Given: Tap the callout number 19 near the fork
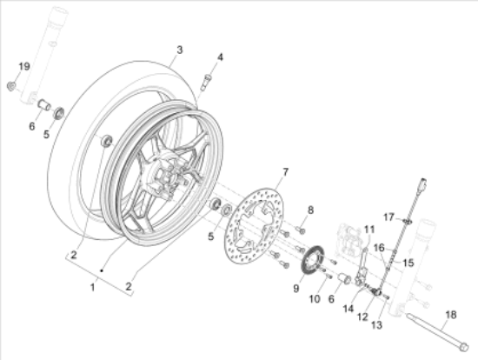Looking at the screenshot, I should coord(25,67).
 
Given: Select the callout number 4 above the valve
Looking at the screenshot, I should coord(220,57).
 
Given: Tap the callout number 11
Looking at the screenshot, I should coord(368,229).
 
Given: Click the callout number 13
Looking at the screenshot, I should coord(376,325).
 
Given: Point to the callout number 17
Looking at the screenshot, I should coord(390,217).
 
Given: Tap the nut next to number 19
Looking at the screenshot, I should coord(11,84).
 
